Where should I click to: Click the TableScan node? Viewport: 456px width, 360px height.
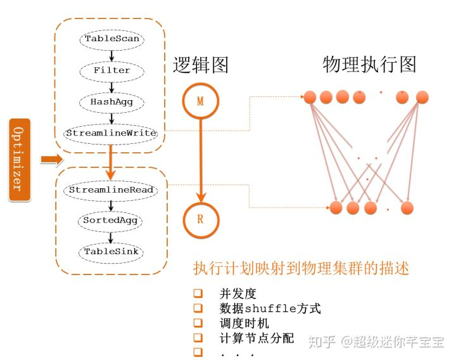tap(111, 39)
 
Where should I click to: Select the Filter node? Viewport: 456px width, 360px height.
tap(111, 70)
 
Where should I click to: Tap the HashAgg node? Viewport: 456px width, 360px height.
tap(111, 101)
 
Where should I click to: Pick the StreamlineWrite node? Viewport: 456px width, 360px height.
tap(111, 132)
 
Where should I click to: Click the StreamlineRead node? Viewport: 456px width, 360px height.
tap(111, 189)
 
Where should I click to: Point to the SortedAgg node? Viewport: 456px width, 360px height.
tap(111, 221)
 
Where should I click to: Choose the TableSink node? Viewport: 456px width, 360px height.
tap(111, 251)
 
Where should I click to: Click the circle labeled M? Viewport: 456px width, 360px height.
tap(200, 101)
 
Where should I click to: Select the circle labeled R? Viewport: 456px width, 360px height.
tap(200, 220)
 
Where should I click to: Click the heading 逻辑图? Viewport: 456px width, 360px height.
tap(200, 65)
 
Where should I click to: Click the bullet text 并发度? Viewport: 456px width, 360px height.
tap(237, 293)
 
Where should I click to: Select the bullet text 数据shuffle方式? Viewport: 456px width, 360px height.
tap(270, 309)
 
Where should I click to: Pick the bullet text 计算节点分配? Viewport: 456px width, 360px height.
tap(256, 338)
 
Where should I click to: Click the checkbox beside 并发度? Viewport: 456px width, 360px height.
tap(198, 293)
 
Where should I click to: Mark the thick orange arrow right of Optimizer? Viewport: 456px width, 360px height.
tap(48, 158)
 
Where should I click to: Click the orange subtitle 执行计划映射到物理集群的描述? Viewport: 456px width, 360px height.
tap(301, 268)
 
